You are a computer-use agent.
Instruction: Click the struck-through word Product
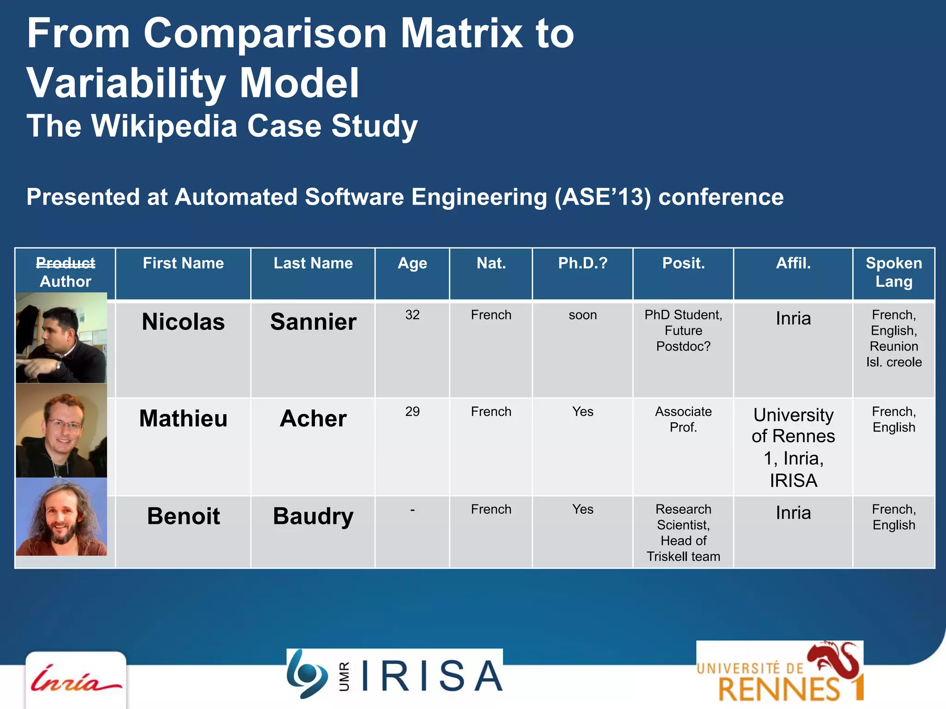pyautogui.click(x=66, y=263)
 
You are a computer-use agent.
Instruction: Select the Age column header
pyautogui.click(x=412, y=264)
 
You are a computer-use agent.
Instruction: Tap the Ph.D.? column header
pyautogui.click(x=582, y=263)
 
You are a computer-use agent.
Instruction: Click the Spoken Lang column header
pyautogui.click(x=893, y=272)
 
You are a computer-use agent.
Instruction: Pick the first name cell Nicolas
pyautogui.click(x=183, y=322)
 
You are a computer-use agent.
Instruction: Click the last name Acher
pyautogui.click(x=313, y=419)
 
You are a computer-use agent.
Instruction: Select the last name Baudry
pyautogui.click(x=313, y=516)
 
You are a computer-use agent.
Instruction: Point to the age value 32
pyautogui.click(x=412, y=315)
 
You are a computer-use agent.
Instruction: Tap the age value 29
pyautogui.click(x=412, y=412)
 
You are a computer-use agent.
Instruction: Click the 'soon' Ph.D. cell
pyautogui.click(x=582, y=315)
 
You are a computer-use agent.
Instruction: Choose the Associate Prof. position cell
pyautogui.click(x=683, y=419)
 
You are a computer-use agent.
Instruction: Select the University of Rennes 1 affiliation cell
pyautogui.click(x=793, y=447)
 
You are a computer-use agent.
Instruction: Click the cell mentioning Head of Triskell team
pyautogui.click(x=683, y=533)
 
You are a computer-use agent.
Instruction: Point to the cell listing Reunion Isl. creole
pyautogui.click(x=893, y=338)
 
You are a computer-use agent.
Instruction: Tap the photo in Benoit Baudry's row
pyautogui.click(x=61, y=517)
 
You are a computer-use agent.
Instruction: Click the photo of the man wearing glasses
pyautogui.click(x=61, y=430)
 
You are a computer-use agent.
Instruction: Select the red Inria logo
pyautogui.click(x=75, y=680)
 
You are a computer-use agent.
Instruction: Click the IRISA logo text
pyautogui.click(x=432, y=675)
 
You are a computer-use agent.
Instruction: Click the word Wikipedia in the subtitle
pyautogui.click(x=164, y=126)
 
